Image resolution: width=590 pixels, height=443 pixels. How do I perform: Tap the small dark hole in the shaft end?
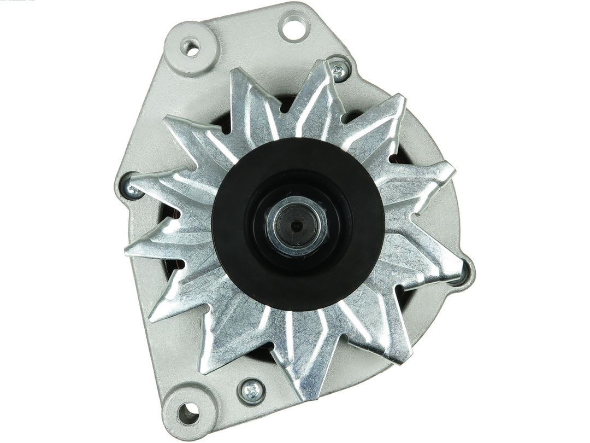point(296,225)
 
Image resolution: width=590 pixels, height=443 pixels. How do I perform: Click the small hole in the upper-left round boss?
point(191,48)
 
